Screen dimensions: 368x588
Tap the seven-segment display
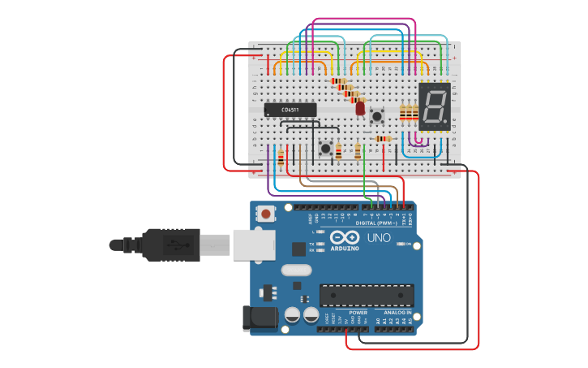[x=435, y=106]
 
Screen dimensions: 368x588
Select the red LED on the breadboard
[x=360, y=107]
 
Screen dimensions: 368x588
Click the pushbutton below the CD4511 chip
[x=326, y=148]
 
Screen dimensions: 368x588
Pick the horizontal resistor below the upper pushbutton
[x=383, y=139]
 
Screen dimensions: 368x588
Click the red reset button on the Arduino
[x=265, y=214]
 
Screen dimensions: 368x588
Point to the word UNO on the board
[x=379, y=238]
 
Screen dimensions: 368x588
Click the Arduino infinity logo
[x=345, y=237]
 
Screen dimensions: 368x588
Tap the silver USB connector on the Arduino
[x=254, y=245]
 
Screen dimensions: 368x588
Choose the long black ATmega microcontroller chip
[x=367, y=296]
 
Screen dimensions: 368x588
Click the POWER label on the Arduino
[x=358, y=312]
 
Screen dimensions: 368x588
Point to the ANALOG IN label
[x=393, y=312]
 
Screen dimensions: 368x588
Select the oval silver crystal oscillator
[x=295, y=270]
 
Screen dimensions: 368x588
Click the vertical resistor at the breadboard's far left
[x=281, y=157]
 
